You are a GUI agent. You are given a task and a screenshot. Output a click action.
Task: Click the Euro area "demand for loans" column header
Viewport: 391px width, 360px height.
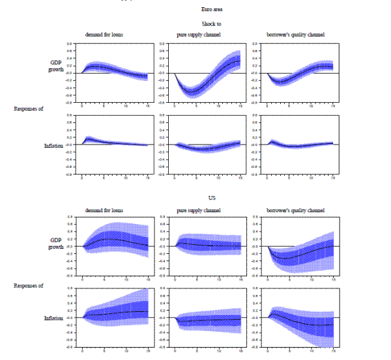coord(105,34)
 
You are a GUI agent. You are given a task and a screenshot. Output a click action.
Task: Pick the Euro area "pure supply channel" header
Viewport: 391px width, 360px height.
coord(198,34)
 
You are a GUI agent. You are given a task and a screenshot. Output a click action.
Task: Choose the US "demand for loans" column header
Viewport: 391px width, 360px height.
coord(105,210)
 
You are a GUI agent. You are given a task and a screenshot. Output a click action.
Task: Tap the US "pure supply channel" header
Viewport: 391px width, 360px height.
coord(198,210)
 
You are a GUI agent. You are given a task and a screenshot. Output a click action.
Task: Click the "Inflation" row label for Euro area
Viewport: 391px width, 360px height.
coord(59,146)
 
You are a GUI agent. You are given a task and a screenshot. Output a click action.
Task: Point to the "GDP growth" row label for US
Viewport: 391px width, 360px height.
coord(59,243)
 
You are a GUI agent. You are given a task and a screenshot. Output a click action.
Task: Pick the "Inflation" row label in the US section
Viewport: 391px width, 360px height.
coord(59,318)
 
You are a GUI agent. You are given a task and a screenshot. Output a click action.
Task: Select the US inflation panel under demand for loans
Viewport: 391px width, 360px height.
coord(115,317)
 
